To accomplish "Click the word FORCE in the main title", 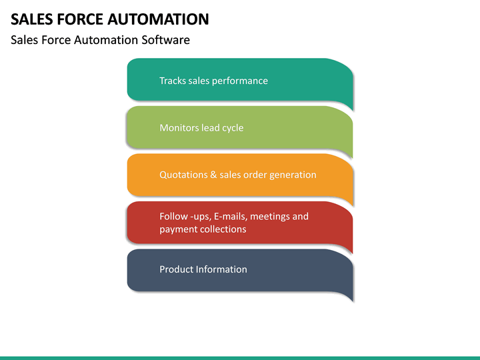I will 79,19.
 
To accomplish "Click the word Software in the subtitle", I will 165,40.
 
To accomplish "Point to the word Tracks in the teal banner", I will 172,81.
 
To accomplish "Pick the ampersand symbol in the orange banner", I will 214,175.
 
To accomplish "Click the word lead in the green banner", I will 210,127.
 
